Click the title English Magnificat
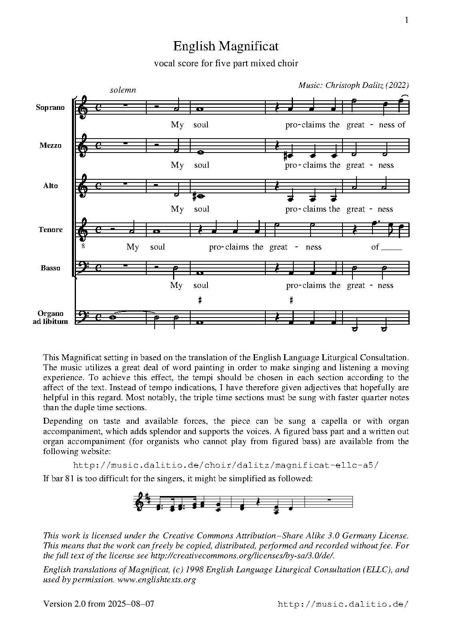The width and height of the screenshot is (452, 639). [x=225, y=46]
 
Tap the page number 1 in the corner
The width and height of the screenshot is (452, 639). [x=406, y=20]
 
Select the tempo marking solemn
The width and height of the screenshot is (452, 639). [x=123, y=90]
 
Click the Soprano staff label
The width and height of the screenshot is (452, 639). [x=50, y=107]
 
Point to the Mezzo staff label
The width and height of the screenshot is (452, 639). [x=50, y=145]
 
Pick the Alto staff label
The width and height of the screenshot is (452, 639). [x=50, y=186]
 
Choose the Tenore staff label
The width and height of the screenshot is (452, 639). [x=50, y=230]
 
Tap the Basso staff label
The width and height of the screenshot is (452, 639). [x=50, y=268]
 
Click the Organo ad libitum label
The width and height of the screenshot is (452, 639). [x=50, y=318]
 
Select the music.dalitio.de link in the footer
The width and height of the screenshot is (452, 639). [x=343, y=604]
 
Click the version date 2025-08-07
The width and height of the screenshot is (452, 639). [x=131, y=604]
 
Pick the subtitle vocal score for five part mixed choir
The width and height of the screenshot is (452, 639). [x=226, y=63]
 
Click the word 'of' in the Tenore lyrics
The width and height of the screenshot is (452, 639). [x=375, y=247]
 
